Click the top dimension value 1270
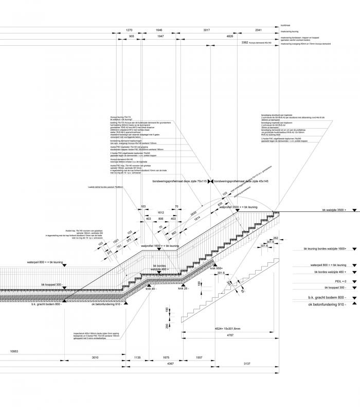(x=129, y=31)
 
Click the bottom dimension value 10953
(x=14, y=352)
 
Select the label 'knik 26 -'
(x=183, y=289)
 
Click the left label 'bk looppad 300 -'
(x=51, y=284)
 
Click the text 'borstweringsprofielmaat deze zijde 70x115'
(x=179, y=182)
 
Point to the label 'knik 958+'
(x=215, y=268)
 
